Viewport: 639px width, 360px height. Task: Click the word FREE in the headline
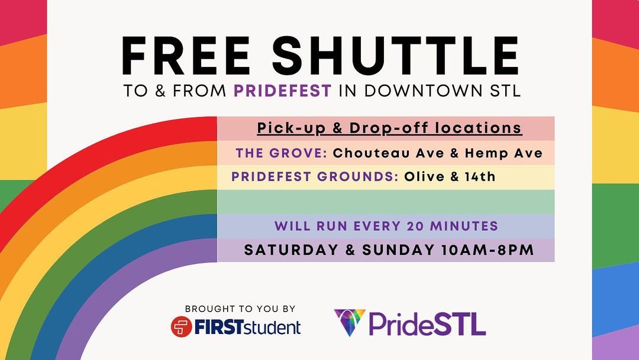[x=185, y=56]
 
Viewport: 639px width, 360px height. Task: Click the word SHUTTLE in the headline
[x=395, y=56]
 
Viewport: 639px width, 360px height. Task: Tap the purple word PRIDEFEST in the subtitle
[x=282, y=91]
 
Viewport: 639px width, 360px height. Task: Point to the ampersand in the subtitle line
[x=160, y=91]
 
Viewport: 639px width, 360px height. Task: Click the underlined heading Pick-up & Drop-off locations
[x=389, y=128]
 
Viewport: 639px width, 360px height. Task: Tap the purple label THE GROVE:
[x=282, y=153]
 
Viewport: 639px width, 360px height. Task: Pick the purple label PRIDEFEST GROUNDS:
[x=315, y=176]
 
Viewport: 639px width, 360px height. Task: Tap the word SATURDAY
[x=291, y=249]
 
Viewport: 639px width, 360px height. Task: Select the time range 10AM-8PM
[x=488, y=249]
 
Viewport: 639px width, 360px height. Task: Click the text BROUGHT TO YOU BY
[x=240, y=308]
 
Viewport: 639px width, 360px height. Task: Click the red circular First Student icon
[x=182, y=327]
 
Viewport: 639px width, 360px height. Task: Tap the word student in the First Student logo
[x=272, y=327]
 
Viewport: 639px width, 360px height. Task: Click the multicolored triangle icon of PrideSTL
[x=350, y=322]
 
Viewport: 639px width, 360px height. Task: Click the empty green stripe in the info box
[x=386, y=201]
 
